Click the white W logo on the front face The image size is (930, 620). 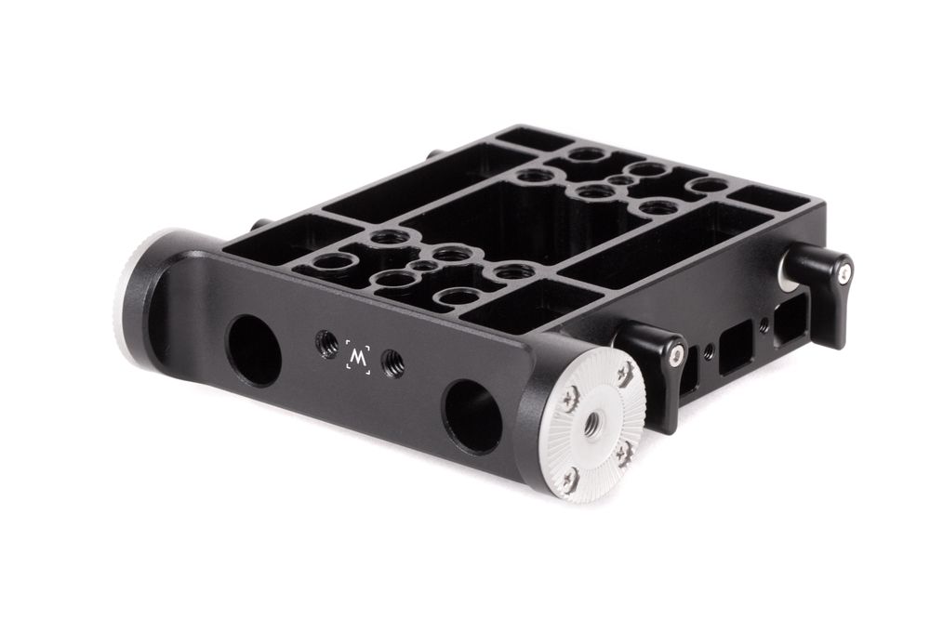click(358, 358)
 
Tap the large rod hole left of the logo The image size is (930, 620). click(254, 351)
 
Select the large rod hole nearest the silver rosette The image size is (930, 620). click(473, 417)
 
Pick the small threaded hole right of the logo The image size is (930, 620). click(392, 361)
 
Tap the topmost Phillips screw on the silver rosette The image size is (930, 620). click(626, 372)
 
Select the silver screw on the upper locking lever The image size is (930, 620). click(844, 272)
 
